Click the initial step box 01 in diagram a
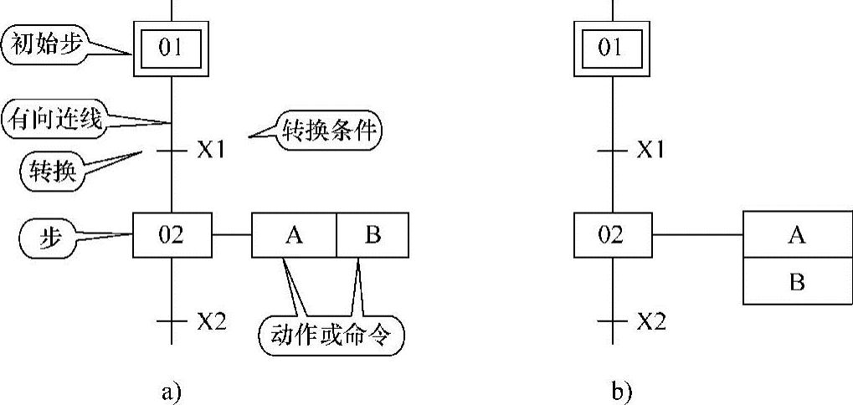click(171, 48)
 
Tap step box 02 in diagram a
click(171, 235)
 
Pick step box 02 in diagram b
click(611, 235)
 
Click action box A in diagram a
click(294, 235)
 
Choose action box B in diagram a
click(373, 235)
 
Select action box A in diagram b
click(797, 235)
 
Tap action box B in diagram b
click(797, 282)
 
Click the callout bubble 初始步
click(45, 46)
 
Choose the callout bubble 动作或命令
click(332, 333)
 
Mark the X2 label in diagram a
click(211, 321)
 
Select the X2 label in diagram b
click(650, 321)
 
